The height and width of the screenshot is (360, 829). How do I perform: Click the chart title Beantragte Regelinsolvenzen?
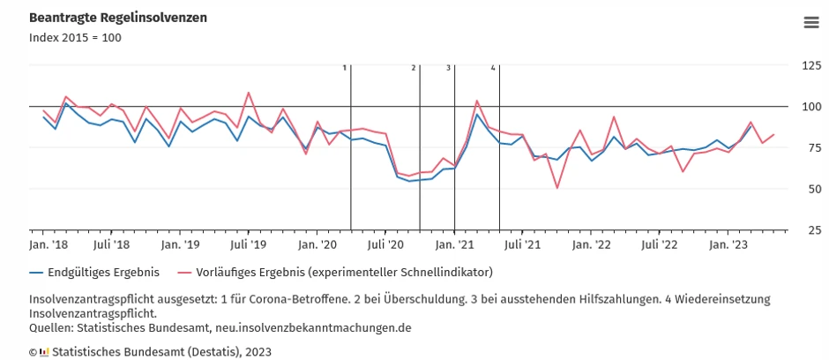118,18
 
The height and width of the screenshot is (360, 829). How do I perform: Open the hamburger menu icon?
811,23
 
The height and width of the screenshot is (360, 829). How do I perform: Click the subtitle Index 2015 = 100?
75,38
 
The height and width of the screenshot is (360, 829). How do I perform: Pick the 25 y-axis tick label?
812,230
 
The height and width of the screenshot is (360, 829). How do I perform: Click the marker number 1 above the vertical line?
345,67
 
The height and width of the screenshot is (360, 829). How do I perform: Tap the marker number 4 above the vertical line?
493,67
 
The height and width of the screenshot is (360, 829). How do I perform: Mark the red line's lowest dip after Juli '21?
557,187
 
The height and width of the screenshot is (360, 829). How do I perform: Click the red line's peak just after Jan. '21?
477,101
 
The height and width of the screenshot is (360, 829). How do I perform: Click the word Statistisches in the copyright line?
89,351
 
